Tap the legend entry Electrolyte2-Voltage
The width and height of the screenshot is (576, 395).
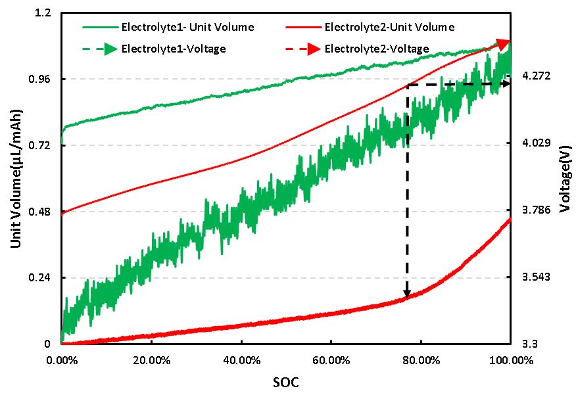tap(377, 49)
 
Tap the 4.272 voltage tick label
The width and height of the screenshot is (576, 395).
tap(535, 77)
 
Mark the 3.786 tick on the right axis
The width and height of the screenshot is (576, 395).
tap(535, 210)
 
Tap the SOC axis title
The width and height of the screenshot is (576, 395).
tap(288, 381)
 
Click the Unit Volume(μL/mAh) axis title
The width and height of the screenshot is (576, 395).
tap(16, 179)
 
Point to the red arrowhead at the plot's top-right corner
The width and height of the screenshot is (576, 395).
tap(504, 44)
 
